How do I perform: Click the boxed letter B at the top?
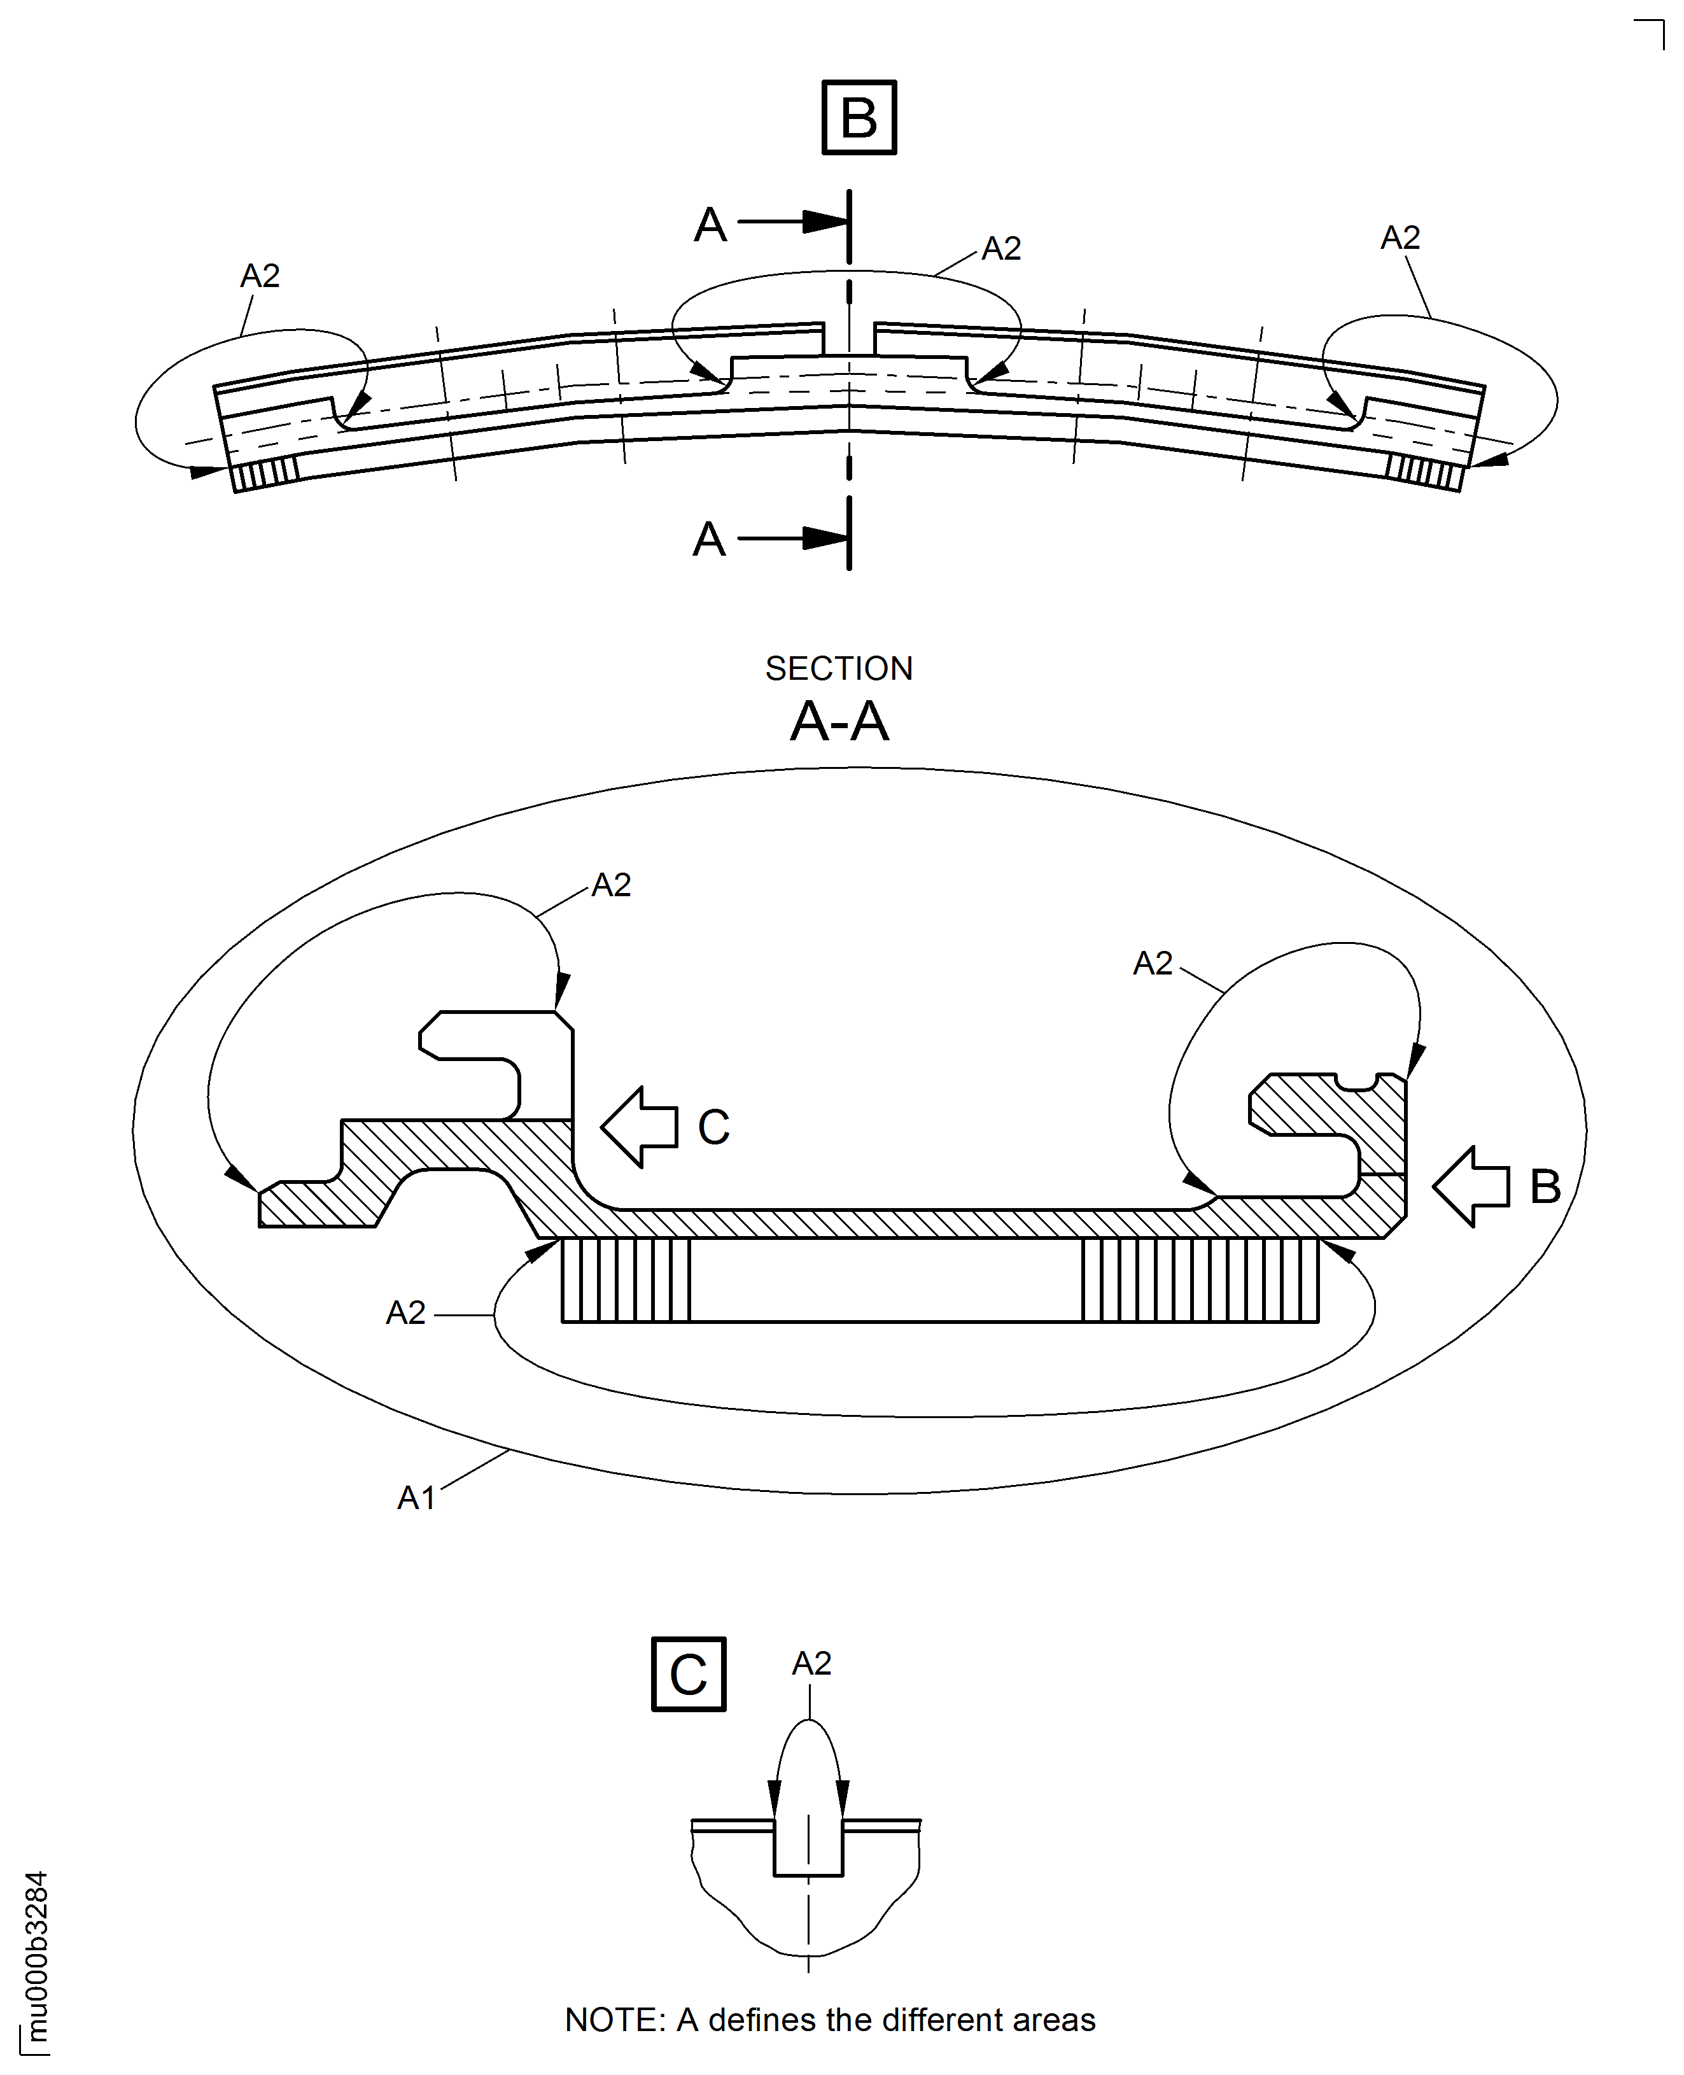[859, 117]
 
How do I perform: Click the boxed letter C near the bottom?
[688, 1675]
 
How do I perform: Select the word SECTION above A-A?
[839, 668]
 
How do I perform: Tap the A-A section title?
[839, 722]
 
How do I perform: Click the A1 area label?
[416, 1499]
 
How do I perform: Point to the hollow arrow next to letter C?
[639, 1126]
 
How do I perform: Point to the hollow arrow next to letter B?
[1471, 1186]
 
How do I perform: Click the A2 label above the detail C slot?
[812, 1664]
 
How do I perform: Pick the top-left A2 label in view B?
[260, 276]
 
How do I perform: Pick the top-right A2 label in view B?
[1400, 237]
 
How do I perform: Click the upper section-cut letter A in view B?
[710, 225]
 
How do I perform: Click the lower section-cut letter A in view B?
[709, 539]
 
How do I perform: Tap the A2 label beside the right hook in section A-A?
[1153, 963]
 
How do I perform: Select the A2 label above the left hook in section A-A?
[611, 885]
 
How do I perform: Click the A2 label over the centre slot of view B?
[1001, 250]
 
